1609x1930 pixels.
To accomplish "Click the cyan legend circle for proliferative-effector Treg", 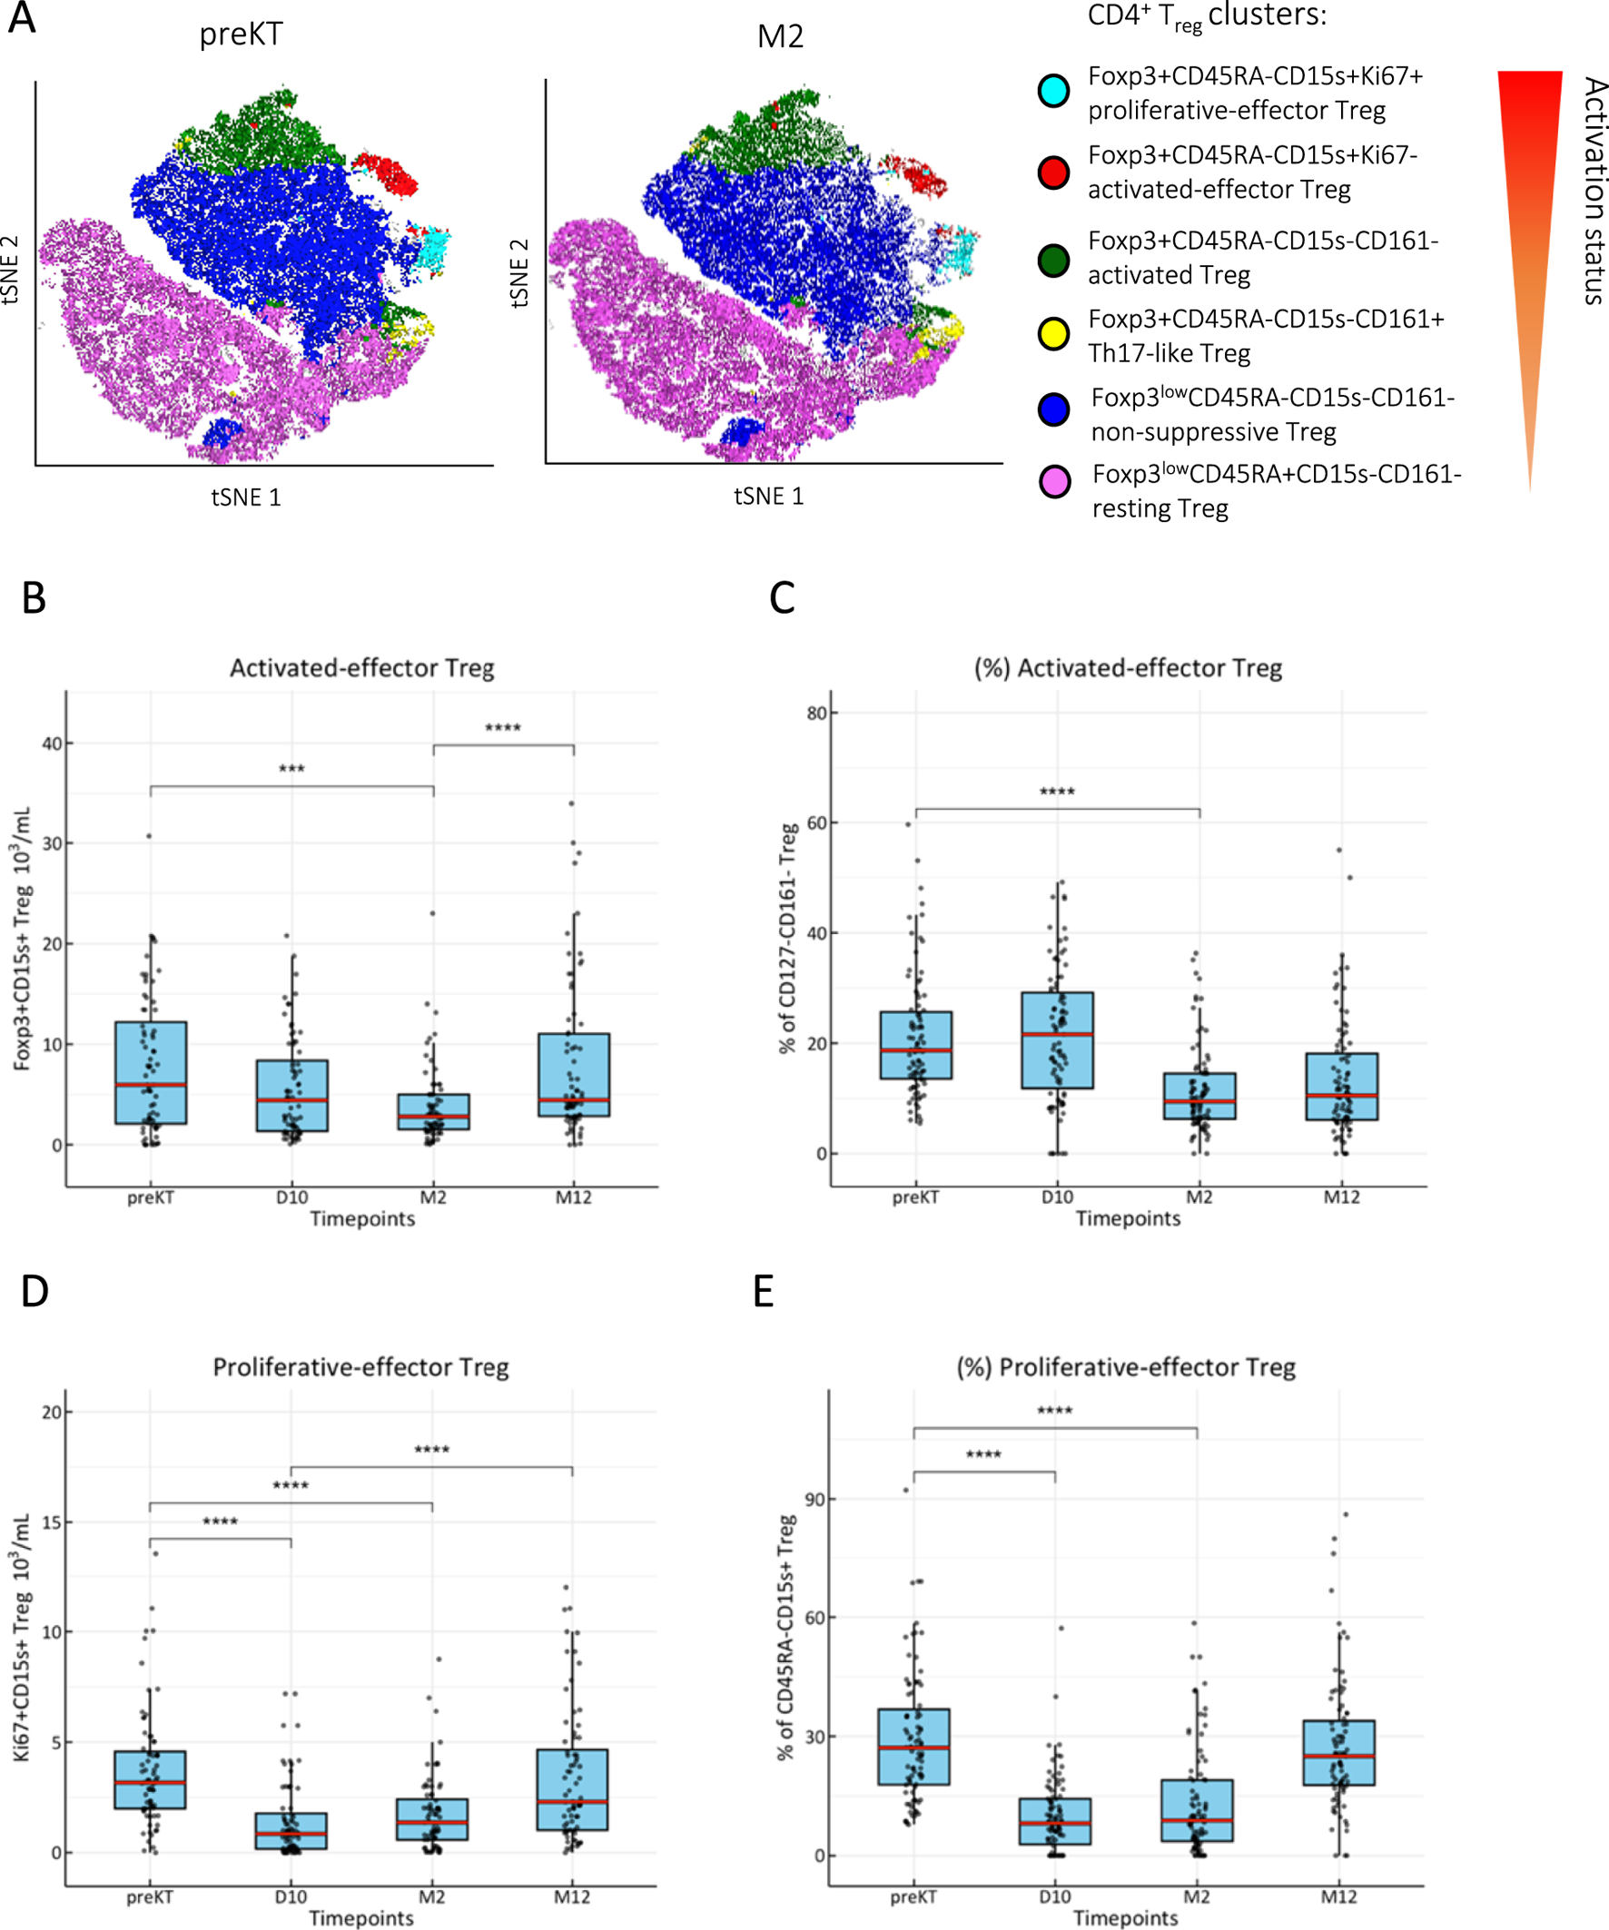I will (x=1052, y=90).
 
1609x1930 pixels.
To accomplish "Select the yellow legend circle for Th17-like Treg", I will (x=1052, y=333).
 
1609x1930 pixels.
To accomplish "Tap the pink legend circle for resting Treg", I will (x=1053, y=481).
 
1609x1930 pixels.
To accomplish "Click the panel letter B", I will (x=34, y=598).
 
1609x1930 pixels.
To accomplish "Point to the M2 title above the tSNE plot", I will (x=780, y=35).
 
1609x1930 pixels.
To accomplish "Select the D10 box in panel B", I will (x=292, y=1096).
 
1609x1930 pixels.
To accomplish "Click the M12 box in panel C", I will (x=1341, y=1087).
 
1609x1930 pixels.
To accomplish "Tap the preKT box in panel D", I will (x=150, y=1779).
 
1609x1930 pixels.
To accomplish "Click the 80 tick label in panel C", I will (x=816, y=714).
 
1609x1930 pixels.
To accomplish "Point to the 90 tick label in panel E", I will (x=814, y=1499).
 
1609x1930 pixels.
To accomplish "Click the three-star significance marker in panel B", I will (x=291, y=769).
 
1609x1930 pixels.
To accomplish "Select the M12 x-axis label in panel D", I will (x=572, y=1897).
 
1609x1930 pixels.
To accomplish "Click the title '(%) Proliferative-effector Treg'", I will (x=1126, y=1367).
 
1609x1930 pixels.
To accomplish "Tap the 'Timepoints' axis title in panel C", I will (x=1128, y=1218).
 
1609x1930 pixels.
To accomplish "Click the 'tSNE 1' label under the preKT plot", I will (x=245, y=497).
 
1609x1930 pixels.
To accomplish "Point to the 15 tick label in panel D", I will (x=52, y=1523).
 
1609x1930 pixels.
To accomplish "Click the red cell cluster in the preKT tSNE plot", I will (x=386, y=172).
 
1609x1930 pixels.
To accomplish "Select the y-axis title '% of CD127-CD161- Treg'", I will (x=788, y=938).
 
